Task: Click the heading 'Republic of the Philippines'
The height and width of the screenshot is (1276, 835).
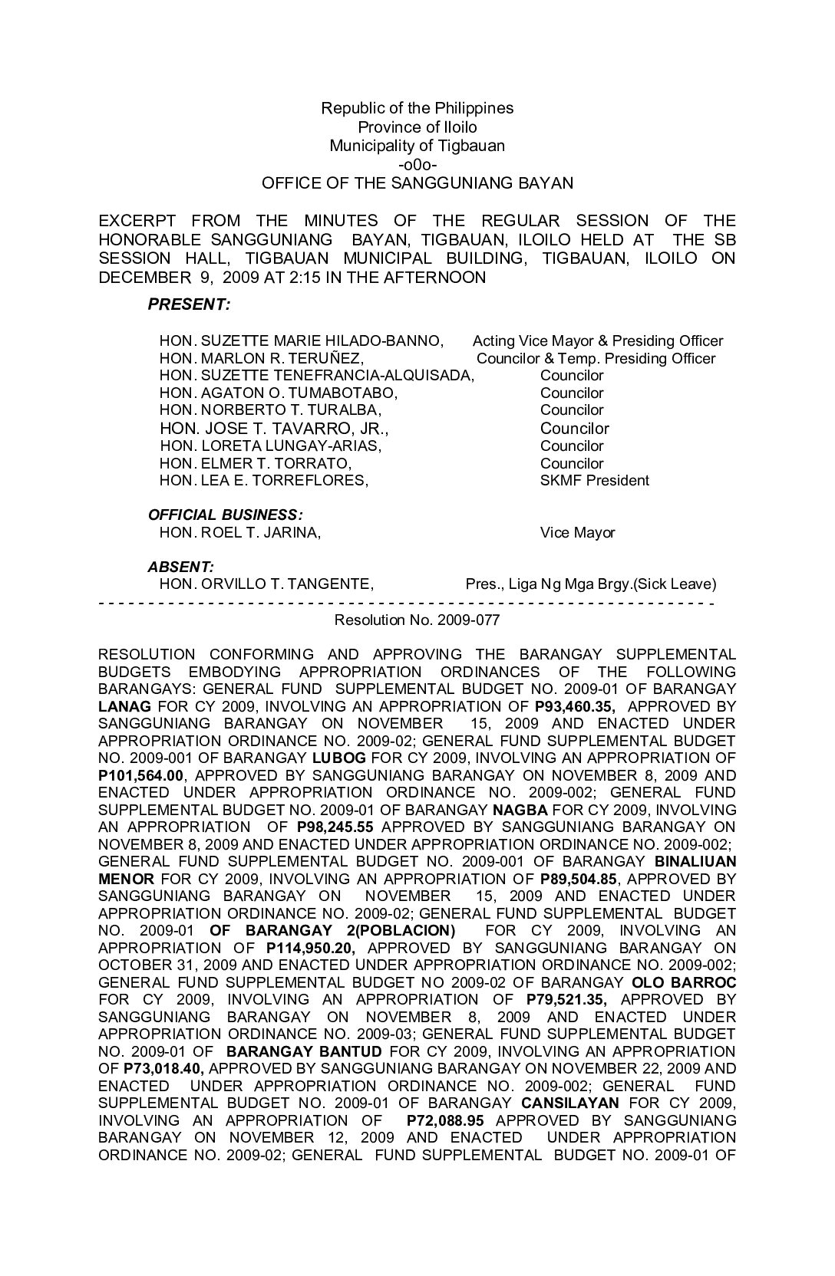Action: pyautogui.click(x=417, y=108)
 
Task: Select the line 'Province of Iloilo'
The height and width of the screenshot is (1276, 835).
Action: pyautogui.click(x=417, y=127)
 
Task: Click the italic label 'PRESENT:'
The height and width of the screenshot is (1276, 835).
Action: pyautogui.click(x=188, y=304)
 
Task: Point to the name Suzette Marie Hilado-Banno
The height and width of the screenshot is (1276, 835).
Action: pyautogui.click(x=301, y=340)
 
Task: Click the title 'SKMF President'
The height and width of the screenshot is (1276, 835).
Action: pyautogui.click(x=594, y=481)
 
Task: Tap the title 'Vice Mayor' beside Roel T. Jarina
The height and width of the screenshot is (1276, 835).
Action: pyautogui.click(x=577, y=532)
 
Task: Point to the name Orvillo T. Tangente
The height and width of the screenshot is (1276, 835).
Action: pyautogui.click(x=266, y=584)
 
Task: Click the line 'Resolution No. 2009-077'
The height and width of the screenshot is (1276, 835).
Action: pyautogui.click(x=417, y=620)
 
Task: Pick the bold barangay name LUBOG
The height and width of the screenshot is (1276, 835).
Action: pyautogui.click(x=335, y=758)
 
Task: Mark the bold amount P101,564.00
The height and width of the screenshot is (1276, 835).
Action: pyautogui.click(x=141, y=775)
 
